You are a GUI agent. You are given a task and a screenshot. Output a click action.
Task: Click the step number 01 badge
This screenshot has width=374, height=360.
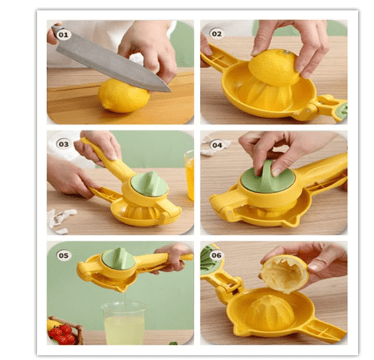tap(64, 35)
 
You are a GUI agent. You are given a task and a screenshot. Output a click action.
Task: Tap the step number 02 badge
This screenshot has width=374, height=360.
tap(216, 34)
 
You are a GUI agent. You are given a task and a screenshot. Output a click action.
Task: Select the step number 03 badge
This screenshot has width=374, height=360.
tap(64, 144)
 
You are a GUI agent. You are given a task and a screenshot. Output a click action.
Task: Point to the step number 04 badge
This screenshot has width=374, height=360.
tap(217, 145)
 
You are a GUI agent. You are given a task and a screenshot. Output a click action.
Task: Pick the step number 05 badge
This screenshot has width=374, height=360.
tap(64, 256)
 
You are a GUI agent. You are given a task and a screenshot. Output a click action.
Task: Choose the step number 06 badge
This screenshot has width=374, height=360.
tap(216, 255)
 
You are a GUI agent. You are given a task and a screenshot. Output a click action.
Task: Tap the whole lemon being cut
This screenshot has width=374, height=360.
tap(123, 96)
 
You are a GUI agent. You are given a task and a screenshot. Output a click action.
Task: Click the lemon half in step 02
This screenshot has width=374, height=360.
tap(275, 67)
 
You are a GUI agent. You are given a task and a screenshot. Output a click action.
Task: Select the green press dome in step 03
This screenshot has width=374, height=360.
tap(149, 184)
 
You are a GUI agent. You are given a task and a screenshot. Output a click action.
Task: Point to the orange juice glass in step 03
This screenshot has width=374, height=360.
tap(189, 175)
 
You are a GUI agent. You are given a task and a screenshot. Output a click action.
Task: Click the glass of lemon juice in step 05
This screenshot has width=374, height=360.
tap(124, 323)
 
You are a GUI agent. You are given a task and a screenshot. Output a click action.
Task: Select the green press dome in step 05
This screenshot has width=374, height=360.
tap(118, 259)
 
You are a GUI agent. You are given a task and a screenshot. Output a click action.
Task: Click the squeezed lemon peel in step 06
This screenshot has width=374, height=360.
tap(285, 273)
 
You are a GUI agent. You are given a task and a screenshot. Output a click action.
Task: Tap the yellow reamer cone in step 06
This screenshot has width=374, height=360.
tap(269, 311)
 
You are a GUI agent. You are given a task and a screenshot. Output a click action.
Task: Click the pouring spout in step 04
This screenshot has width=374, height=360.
tap(294, 220)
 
